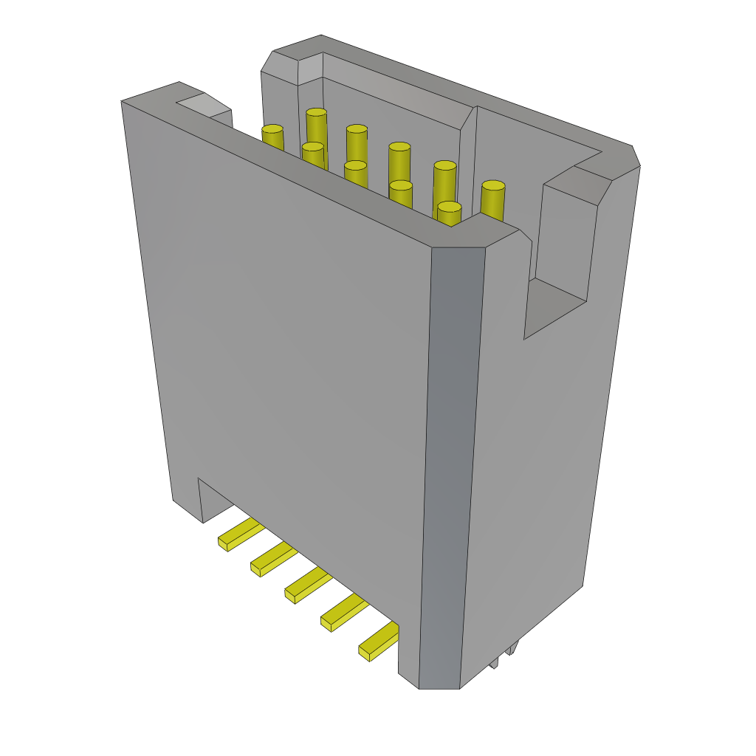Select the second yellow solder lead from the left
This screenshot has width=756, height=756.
tap(273, 559)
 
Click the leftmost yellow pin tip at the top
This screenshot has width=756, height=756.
tap(272, 130)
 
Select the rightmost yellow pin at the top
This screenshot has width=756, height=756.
tap(493, 187)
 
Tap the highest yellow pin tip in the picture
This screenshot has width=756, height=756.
tap(317, 113)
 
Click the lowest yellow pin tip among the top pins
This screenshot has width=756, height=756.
tap(449, 207)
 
